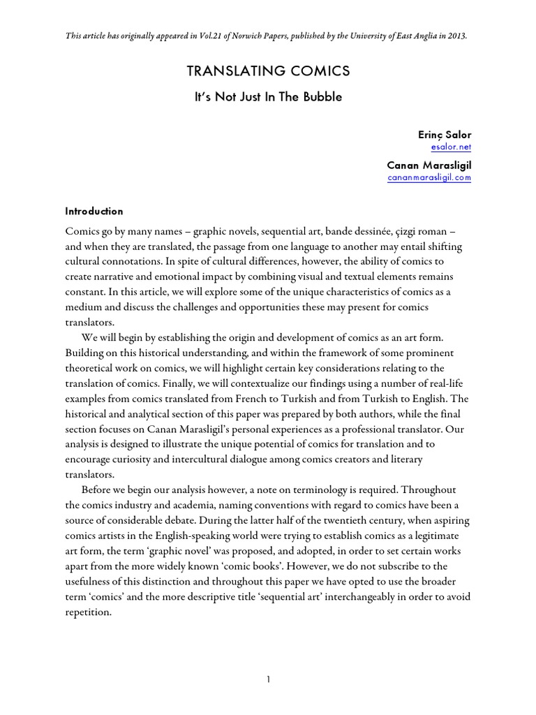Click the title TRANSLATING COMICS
coord(268,71)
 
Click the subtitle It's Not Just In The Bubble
coord(268,97)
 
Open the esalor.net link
coord(452,147)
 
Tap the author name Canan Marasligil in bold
coord(429,165)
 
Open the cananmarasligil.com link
coord(429,177)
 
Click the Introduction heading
coord(94,211)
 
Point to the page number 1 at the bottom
coord(268,660)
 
